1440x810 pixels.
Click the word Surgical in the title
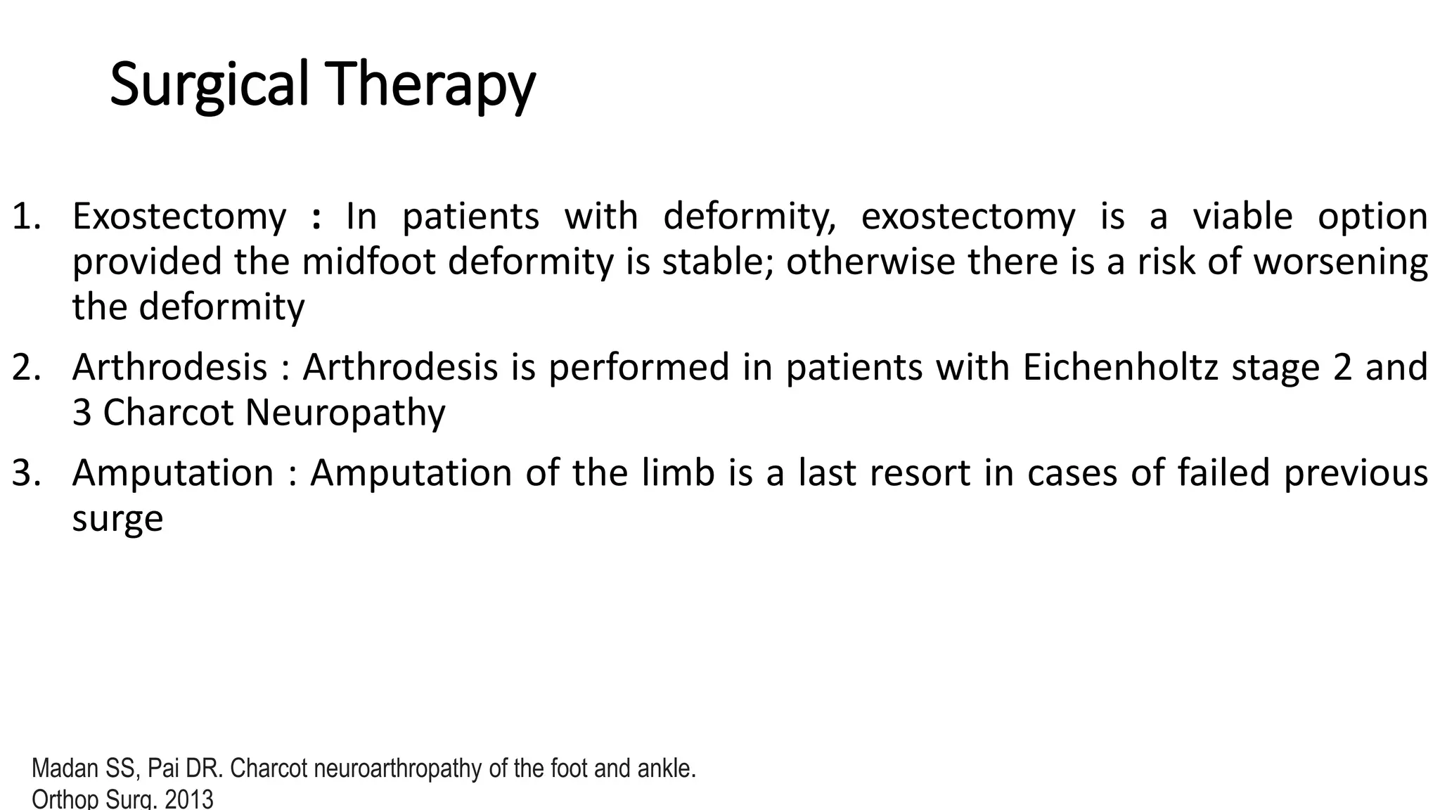click(x=209, y=85)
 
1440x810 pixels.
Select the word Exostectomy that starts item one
click(x=179, y=217)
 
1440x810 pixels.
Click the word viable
click(x=1242, y=217)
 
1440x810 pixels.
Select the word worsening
click(x=1341, y=262)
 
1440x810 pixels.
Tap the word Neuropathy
click(x=345, y=413)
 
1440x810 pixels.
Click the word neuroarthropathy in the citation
click(x=399, y=769)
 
